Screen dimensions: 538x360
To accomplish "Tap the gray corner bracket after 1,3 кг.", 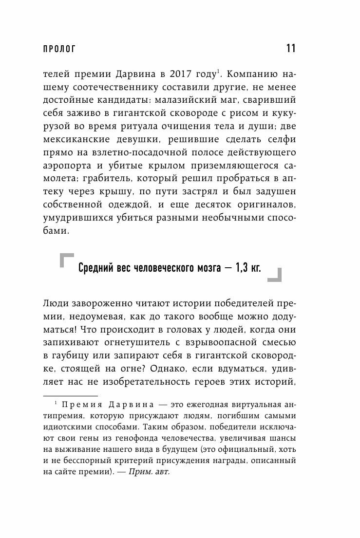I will pyautogui.click(x=274, y=275).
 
